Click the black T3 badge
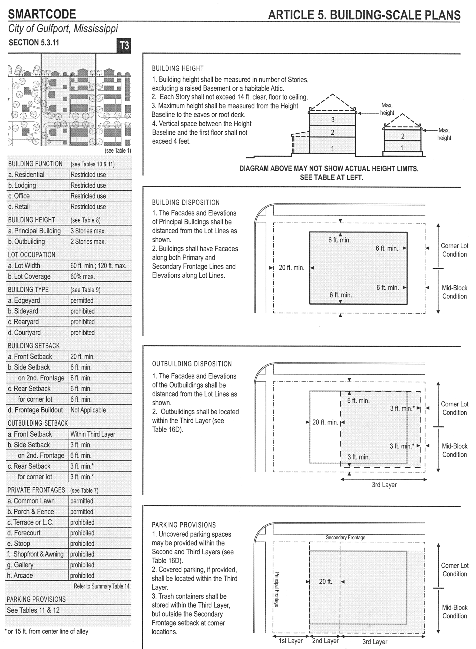tap(124, 45)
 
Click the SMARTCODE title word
tap(42, 14)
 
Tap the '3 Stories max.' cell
tap(88, 231)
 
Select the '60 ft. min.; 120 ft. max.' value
tap(98, 266)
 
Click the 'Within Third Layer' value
tap(93, 434)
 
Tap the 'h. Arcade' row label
tap(20, 575)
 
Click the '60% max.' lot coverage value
tap(83, 277)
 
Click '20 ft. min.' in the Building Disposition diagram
tap(292, 268)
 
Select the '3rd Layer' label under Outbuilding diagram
tap(384, 485)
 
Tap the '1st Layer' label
tap(290, 641)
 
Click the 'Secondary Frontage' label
tap(345, 537)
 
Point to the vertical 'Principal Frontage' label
tap(277, 589)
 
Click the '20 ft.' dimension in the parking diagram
tap(325, 581)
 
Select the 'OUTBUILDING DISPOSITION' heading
tap(192, 364)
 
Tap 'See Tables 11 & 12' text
tap(33, 610)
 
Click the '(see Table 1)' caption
tap(118, 150)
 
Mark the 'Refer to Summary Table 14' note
tap(101, 586)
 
